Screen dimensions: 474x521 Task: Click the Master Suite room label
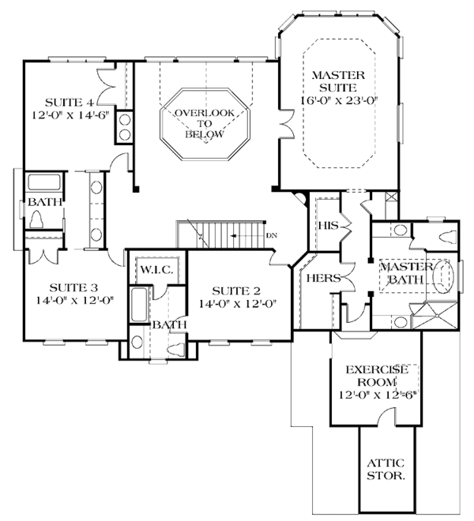pyautogui.click(x=338, y=81)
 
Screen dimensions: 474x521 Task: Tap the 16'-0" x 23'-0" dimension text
pyautogui.click(x=339, y=100)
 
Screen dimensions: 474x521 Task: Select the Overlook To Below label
pyautogui.click(x=205, y=124)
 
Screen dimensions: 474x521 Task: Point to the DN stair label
pyautogui.click(x=272, y=235)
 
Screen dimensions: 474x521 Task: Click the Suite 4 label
pyautogui.click(x=70, y=102)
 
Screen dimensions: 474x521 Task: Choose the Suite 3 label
pyautogui.click(x=73, y=287)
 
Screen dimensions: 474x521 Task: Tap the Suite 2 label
pyautogui.click(x=236, y=290)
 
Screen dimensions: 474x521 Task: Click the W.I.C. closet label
pyautogui.click(x=156, y=269)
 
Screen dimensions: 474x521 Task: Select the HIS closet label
pyautogui.click(x=329, y=226)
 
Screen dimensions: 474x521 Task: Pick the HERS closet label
pyautogui.click(x=323, y=278)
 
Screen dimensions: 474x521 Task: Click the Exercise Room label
pyautogui.click(x=377, y=376)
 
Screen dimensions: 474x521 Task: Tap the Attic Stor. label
pyautogui.click(x=386, y=469)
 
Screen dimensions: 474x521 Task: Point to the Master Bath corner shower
pyautogui.click(x=435, y=316)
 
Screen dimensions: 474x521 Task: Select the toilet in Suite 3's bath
pyautogui.click(x=36, y=219)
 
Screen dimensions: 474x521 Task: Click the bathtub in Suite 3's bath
pyautogui.click(x=44, y=182)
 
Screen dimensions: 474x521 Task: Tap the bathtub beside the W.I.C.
pyautogui.click(x=139, y=305)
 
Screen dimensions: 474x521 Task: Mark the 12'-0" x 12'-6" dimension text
pyautogui.click(x=378, y=395)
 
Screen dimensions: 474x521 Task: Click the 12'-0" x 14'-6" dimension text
pyautogui.click(x=71, y=115)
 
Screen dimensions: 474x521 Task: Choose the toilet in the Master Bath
pyautogui.click(x=448, y=238)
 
